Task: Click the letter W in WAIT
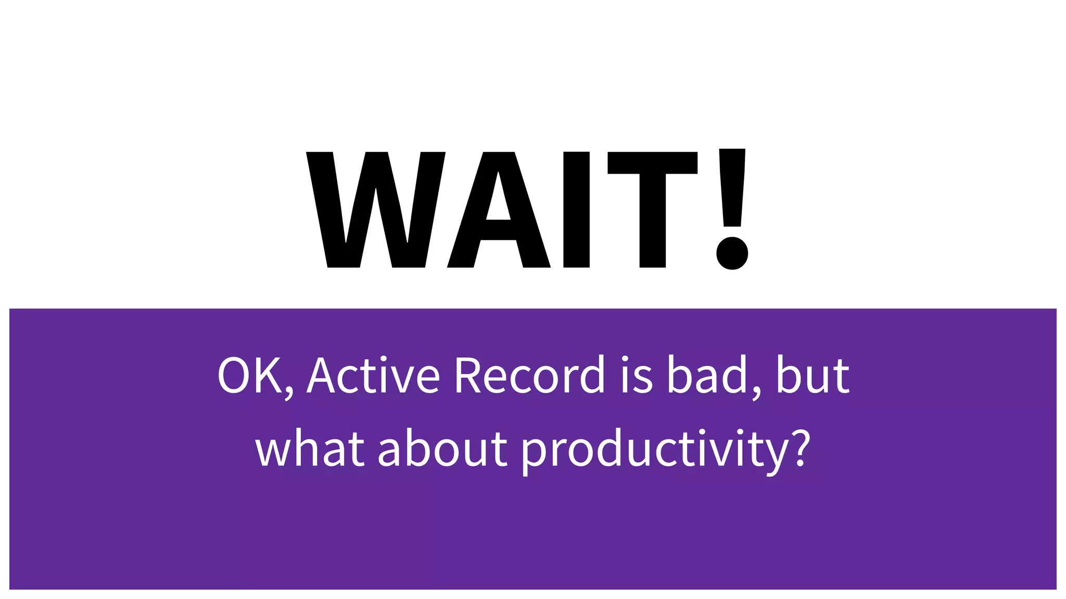(376, 210)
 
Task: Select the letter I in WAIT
(576, 210)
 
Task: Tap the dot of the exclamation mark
(732, 253)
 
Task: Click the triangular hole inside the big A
(498, 200)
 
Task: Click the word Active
(374, 375)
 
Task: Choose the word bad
(707, 375)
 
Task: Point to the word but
(813, 375)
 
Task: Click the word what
(310, 448)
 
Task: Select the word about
(442, 448)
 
